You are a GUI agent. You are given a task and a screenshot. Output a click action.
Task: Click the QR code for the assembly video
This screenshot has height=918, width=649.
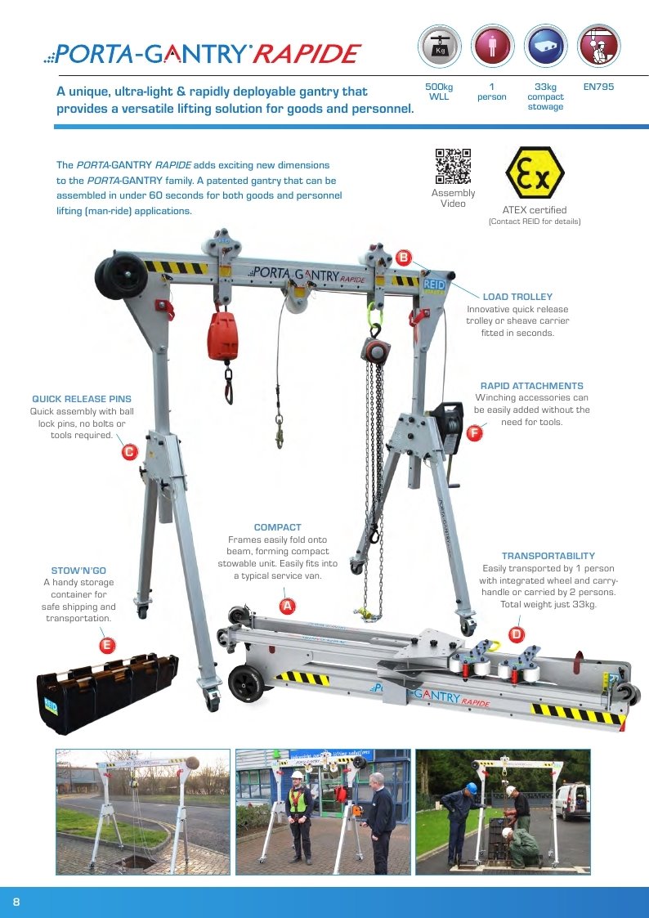[453, 166]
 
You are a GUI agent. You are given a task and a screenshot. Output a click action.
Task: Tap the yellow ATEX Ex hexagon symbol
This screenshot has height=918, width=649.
[535, 172]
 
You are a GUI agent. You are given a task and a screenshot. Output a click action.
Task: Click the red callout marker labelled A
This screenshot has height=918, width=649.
[287, 606]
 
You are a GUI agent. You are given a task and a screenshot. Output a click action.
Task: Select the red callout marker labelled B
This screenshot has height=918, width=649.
[404, 257]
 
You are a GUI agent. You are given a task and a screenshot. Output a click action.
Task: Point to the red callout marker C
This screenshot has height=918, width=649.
[129, 452]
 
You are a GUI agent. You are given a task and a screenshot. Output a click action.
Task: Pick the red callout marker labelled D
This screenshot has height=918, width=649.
[516, 634]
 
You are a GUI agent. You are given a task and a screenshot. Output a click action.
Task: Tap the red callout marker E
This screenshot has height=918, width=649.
[106, 646]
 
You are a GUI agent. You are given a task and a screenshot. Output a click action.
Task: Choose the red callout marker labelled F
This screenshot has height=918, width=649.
[474, 433]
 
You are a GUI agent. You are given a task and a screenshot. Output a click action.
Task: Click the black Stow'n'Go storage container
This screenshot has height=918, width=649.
[107, 694]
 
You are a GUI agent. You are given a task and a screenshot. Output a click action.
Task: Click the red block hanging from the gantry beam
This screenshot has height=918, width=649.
[222, 336]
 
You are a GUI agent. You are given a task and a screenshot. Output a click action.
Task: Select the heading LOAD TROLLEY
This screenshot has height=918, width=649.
[517, 297]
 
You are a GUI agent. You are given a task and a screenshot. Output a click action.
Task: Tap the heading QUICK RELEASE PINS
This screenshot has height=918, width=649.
[82, 399]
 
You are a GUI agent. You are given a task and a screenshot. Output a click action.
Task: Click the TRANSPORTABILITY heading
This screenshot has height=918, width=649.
[548, 556]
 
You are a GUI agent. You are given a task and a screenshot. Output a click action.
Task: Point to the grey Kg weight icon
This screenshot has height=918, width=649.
[440, 46]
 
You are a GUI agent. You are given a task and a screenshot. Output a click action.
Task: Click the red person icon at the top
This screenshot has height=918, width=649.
[492, 46]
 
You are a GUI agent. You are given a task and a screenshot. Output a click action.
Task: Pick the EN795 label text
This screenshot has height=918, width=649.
[598, 87]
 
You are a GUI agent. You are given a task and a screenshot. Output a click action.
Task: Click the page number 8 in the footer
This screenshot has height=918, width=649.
[16, 902]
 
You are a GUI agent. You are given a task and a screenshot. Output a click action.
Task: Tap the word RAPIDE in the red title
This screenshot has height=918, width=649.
[307, 55]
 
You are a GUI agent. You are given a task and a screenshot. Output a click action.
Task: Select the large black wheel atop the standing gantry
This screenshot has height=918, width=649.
[122, 275]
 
